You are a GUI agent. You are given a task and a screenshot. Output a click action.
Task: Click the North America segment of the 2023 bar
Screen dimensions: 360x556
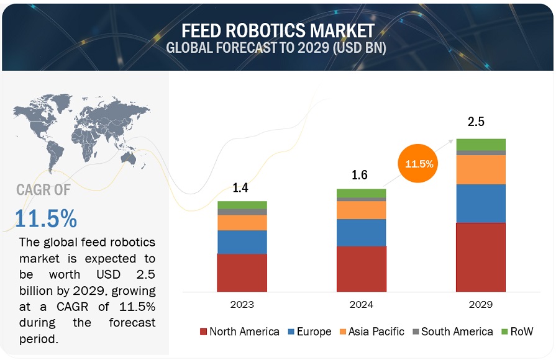coord(242,272)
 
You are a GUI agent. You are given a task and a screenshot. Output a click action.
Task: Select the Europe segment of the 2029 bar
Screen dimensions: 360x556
coord(480,204)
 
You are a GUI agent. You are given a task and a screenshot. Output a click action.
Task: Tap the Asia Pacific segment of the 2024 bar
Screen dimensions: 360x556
coord(361,210)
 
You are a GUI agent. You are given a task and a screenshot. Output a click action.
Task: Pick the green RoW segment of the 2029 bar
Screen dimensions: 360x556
coord(480,145)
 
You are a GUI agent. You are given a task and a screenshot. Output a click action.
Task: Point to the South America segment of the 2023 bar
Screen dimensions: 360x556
coord(242,212)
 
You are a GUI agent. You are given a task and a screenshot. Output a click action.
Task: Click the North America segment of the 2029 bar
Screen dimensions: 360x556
coord(480,257)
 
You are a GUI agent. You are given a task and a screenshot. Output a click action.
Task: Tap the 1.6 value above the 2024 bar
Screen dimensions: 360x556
coord(360,175)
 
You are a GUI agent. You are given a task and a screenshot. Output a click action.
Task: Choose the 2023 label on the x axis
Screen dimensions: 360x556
coord(242,304)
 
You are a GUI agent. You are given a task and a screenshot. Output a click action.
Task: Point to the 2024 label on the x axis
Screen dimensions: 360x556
coord(361,304)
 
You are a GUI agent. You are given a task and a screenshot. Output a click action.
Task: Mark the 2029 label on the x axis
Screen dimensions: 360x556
coord(480,304)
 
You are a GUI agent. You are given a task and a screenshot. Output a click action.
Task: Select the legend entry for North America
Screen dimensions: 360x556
coord(239,331)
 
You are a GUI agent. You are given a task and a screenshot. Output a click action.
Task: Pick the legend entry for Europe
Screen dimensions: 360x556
coord(309,331)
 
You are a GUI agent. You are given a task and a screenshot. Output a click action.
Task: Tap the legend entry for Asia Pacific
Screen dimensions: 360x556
coord(371,331)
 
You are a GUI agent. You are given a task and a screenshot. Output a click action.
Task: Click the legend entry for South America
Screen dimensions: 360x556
coord(452,331)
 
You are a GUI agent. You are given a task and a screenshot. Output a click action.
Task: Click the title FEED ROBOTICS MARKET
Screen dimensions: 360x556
coord(278,30)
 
